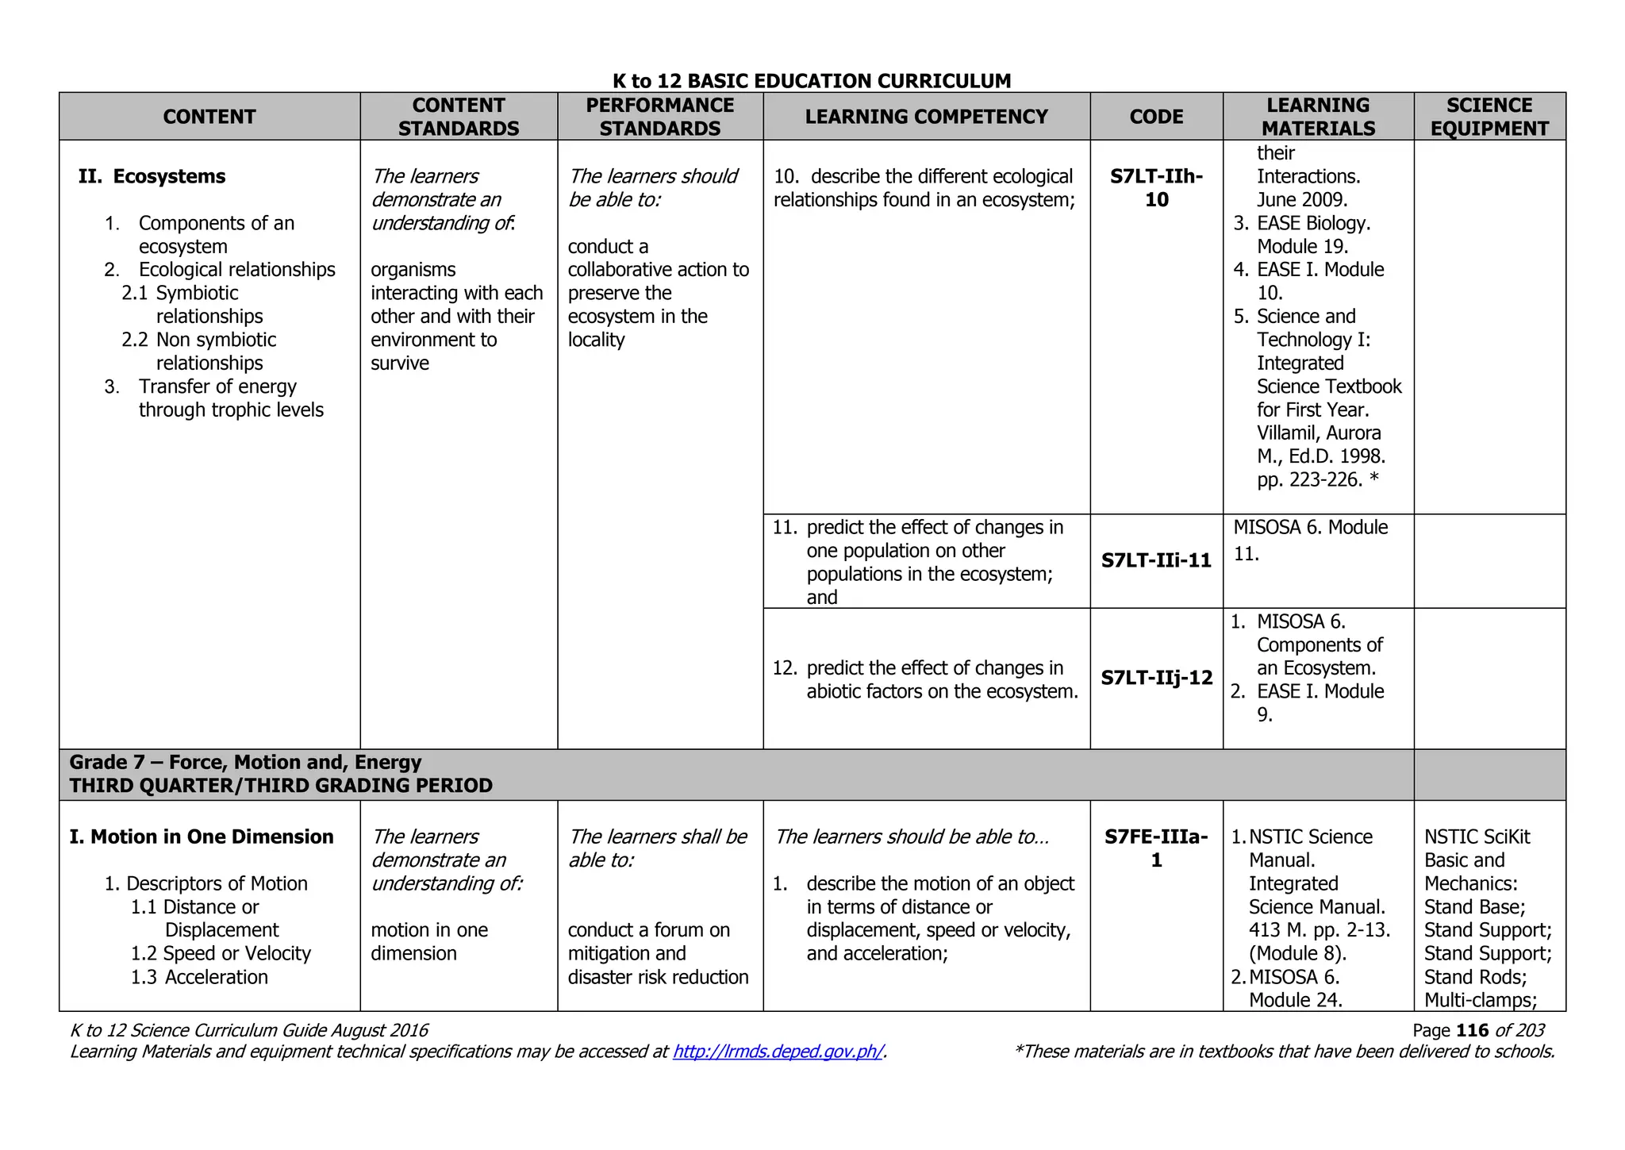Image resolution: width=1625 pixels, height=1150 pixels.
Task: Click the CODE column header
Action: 1156,117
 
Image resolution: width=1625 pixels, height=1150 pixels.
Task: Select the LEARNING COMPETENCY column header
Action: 926,117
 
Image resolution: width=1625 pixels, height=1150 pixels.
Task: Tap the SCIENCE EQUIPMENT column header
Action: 1489,117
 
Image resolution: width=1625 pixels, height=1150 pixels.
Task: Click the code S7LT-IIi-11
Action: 1156,560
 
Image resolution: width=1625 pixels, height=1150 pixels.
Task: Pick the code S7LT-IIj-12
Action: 1156,678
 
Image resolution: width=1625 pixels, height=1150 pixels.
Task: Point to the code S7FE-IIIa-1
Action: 1156,848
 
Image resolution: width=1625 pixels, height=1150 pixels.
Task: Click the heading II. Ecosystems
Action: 152,176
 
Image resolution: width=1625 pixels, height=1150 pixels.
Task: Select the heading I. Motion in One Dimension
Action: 202,837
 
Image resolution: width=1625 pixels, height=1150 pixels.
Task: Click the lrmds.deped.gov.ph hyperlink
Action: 778,1052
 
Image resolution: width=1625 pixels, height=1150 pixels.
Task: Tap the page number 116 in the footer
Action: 1472,1030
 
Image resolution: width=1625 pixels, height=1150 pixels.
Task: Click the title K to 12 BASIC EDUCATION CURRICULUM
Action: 812,81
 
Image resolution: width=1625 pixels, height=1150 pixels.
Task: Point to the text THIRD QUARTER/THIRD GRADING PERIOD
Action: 281,786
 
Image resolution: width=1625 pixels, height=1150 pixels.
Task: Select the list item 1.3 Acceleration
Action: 199,977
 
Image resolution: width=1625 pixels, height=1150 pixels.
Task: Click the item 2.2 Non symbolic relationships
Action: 200,351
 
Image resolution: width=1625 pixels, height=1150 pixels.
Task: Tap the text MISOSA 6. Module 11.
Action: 1310,540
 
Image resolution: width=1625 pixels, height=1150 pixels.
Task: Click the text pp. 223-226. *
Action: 1317,479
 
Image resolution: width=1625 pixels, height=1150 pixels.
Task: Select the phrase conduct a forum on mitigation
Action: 648,941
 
